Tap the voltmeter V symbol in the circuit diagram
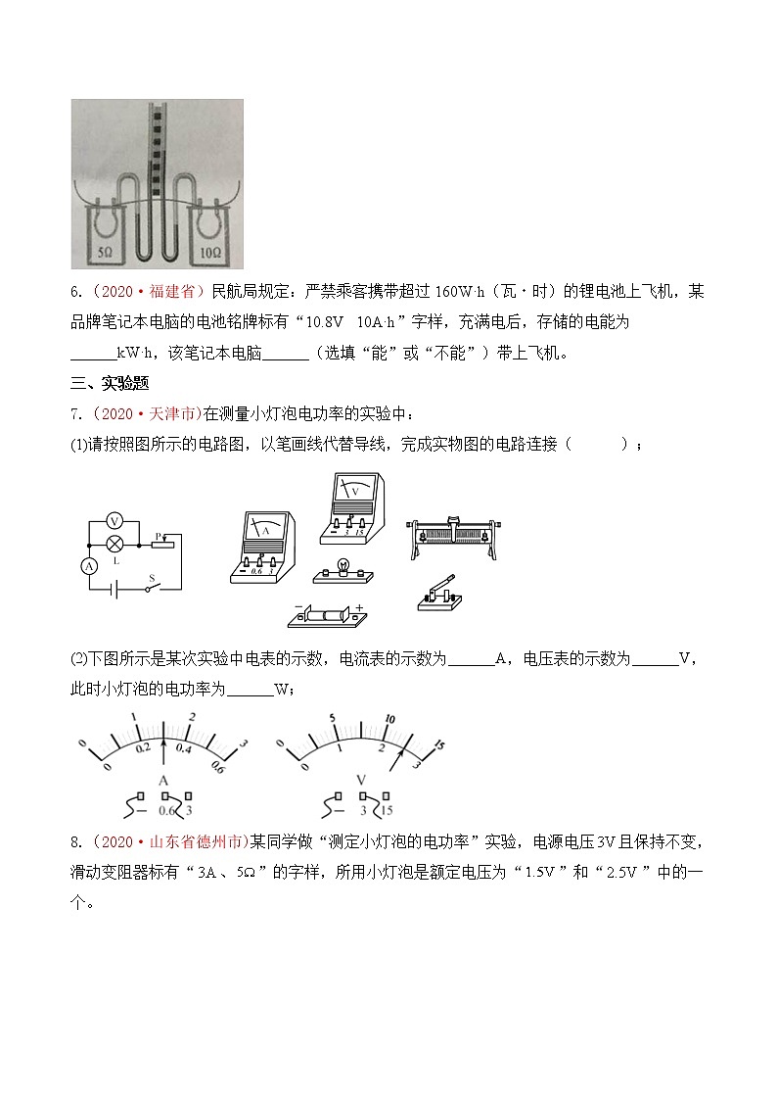[114, 520]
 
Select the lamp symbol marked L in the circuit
[114, 543]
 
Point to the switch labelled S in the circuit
[151, 587]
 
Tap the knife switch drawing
[442, 593]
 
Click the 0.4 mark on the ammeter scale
[182, 747]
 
